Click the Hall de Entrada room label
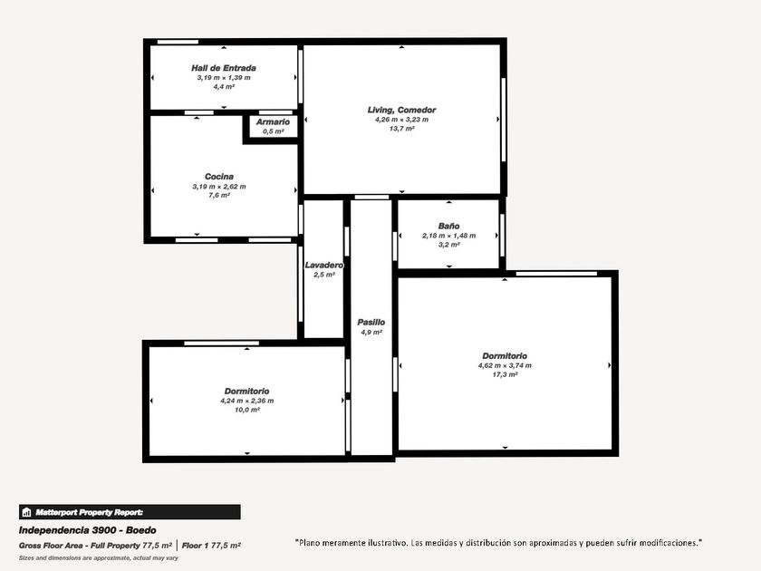tap(223, 68)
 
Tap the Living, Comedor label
tap(401, 111)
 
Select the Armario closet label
tap(273, 121)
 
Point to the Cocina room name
tap(219, 177)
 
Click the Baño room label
tap(448, 226)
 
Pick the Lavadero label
tap(323, 265)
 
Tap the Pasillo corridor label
tap(371, 323)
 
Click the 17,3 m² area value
tap(505, 375)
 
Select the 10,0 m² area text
tap(247, 410)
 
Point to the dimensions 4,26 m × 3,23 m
tap(401, 120)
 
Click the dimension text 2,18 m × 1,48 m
tap(448, 236)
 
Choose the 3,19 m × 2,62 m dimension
tap(219, 187)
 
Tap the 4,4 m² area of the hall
tap(223, 87)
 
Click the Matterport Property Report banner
tap(130, 512)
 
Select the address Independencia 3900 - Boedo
tap(87, 530)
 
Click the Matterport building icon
tap(26, 512)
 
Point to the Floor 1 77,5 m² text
tap(211, 546)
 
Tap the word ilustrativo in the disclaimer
tap(387, 543)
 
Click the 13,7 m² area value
tap(401, 129)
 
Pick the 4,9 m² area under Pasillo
tap(371, 333)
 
